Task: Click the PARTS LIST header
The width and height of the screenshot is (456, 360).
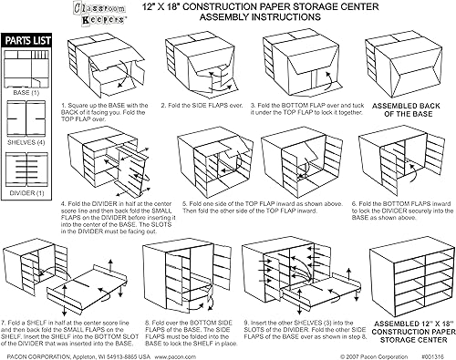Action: click(x=27, y=42)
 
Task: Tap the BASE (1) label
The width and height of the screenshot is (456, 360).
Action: click(x=27, y=92)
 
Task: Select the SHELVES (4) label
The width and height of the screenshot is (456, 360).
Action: click(x=27, y=144)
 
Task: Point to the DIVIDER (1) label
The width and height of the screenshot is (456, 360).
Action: click(x=27, y=207)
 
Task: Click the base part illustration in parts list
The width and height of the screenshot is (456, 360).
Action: click(x=27, y=68)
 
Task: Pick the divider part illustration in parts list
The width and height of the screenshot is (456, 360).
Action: click(x=27, y=177)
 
